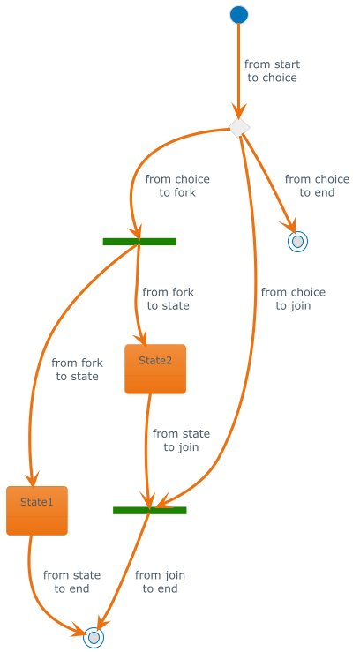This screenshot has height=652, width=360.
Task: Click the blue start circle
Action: pyautogui.click(x=239, y=15)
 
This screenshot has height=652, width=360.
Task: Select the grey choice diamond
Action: pyautogui.click(x=239, y=128)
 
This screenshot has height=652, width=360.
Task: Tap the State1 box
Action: pyautogui.click(x=37, y=510)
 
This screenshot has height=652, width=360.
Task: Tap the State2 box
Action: pyautogui.click(x=155, y=369)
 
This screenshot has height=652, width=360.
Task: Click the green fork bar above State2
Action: pyautogui.click(x=139, y=242)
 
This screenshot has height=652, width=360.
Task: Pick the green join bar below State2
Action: pyautogui.click(x=150, y=510)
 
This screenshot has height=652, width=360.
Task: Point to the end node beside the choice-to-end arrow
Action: pyautogui.click(x=297, y=241)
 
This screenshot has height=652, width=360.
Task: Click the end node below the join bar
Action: pyautogui.click(x=94, y=638)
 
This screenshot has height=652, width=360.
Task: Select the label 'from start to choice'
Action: pyautogui.click(x=273, y=71)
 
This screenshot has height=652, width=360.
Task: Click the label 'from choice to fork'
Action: pyautogui.click(x=177, y=186)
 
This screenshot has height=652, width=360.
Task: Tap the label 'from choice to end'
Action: pyautogui.click(x=317, y=186)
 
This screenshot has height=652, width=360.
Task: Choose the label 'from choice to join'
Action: pyautogui.click(x=293, y=299)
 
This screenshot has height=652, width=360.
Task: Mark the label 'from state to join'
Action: pyautogui.click(x=181, y=440)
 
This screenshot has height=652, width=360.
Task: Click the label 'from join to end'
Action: pyautogui.click(x=160, y=581)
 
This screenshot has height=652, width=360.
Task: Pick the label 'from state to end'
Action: pyautogui.click(x=72, y=581)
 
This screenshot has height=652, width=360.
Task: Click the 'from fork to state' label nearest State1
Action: pyautogui.click(x=78, y=370)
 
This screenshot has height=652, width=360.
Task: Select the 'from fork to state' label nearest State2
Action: pyautogui.click(x=169, y=299)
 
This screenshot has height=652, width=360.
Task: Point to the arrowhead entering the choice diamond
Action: pyautogui.click(x=239, y=114)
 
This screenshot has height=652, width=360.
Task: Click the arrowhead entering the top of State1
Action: pyautogui.click(x=33, y=479)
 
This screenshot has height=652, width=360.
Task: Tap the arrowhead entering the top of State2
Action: pyautogui.click(x=143, y=338)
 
